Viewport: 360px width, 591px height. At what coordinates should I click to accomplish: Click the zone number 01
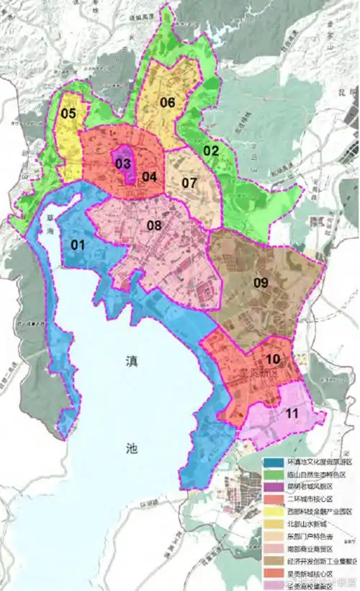(x=78, y=245)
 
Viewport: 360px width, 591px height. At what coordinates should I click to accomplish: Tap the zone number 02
(x=210, y=150)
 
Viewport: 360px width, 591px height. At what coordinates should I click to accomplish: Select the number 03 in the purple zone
(x=122, y=163)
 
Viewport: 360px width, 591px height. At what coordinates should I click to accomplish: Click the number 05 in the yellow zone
(x=68, y=113)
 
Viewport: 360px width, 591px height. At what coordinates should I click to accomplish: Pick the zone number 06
(x=168, y=102)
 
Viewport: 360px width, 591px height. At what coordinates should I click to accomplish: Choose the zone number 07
(x=189, y=183)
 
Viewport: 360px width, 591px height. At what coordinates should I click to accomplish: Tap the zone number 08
(x=154, y=225)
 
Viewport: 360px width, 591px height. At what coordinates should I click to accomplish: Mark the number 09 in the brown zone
(x=260, y=283)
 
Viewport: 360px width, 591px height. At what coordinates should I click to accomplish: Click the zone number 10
(x=273, y=358)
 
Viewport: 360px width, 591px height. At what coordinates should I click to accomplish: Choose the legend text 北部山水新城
(x=308, y=524)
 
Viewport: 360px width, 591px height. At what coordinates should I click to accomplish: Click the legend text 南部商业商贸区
(x=311, y=550)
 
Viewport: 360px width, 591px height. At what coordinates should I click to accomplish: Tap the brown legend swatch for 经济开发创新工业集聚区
(x=274, y=562)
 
